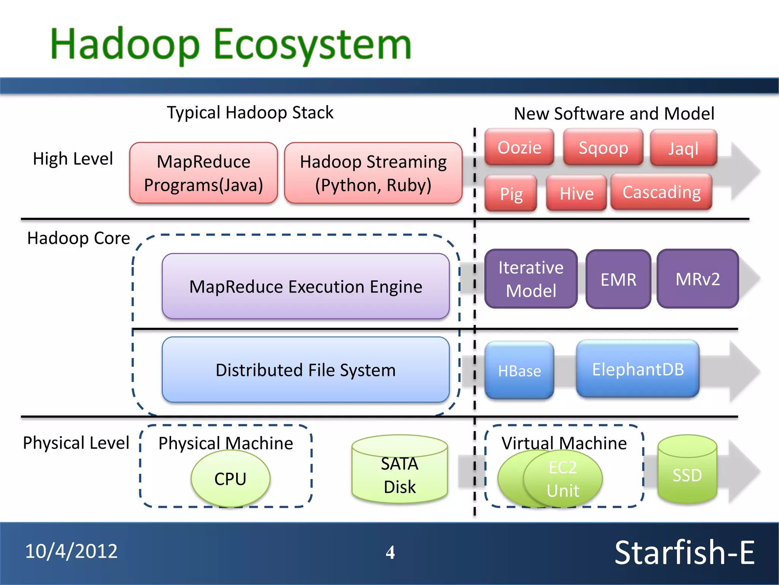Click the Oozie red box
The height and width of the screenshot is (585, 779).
519,147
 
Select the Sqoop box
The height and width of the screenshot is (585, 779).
603,147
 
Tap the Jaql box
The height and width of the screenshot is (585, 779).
684,148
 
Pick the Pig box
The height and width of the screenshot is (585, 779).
511,193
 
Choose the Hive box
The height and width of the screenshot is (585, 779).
576,193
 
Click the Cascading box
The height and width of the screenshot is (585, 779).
661,192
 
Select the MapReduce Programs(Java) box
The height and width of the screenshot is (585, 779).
203,173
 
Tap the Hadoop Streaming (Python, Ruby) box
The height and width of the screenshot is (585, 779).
373,173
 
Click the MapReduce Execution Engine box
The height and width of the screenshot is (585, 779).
305,286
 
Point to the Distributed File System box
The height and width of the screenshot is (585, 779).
305,370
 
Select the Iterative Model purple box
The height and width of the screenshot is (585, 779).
531,279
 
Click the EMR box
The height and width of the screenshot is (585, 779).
618,279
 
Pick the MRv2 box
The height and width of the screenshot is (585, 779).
698,279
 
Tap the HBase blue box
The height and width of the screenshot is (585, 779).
519,370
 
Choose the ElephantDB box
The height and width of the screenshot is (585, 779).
638,369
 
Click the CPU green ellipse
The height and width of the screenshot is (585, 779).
231,479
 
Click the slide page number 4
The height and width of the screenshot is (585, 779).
390,552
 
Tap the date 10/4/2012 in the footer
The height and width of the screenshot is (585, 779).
72,551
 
